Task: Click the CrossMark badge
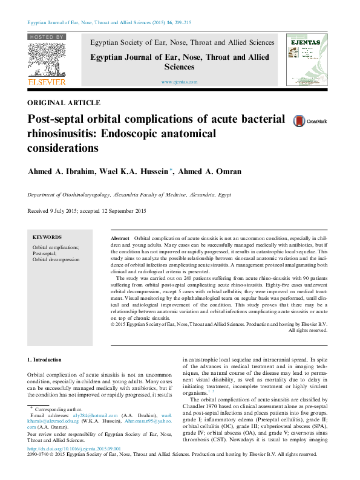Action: tap(301, 121)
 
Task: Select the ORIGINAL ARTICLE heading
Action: tap(64, 103)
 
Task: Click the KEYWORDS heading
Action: tap(47, 237)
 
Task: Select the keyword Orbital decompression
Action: tap(56, 259)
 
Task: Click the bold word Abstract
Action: tap(120, 239)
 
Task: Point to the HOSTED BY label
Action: tap(47, 37)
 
